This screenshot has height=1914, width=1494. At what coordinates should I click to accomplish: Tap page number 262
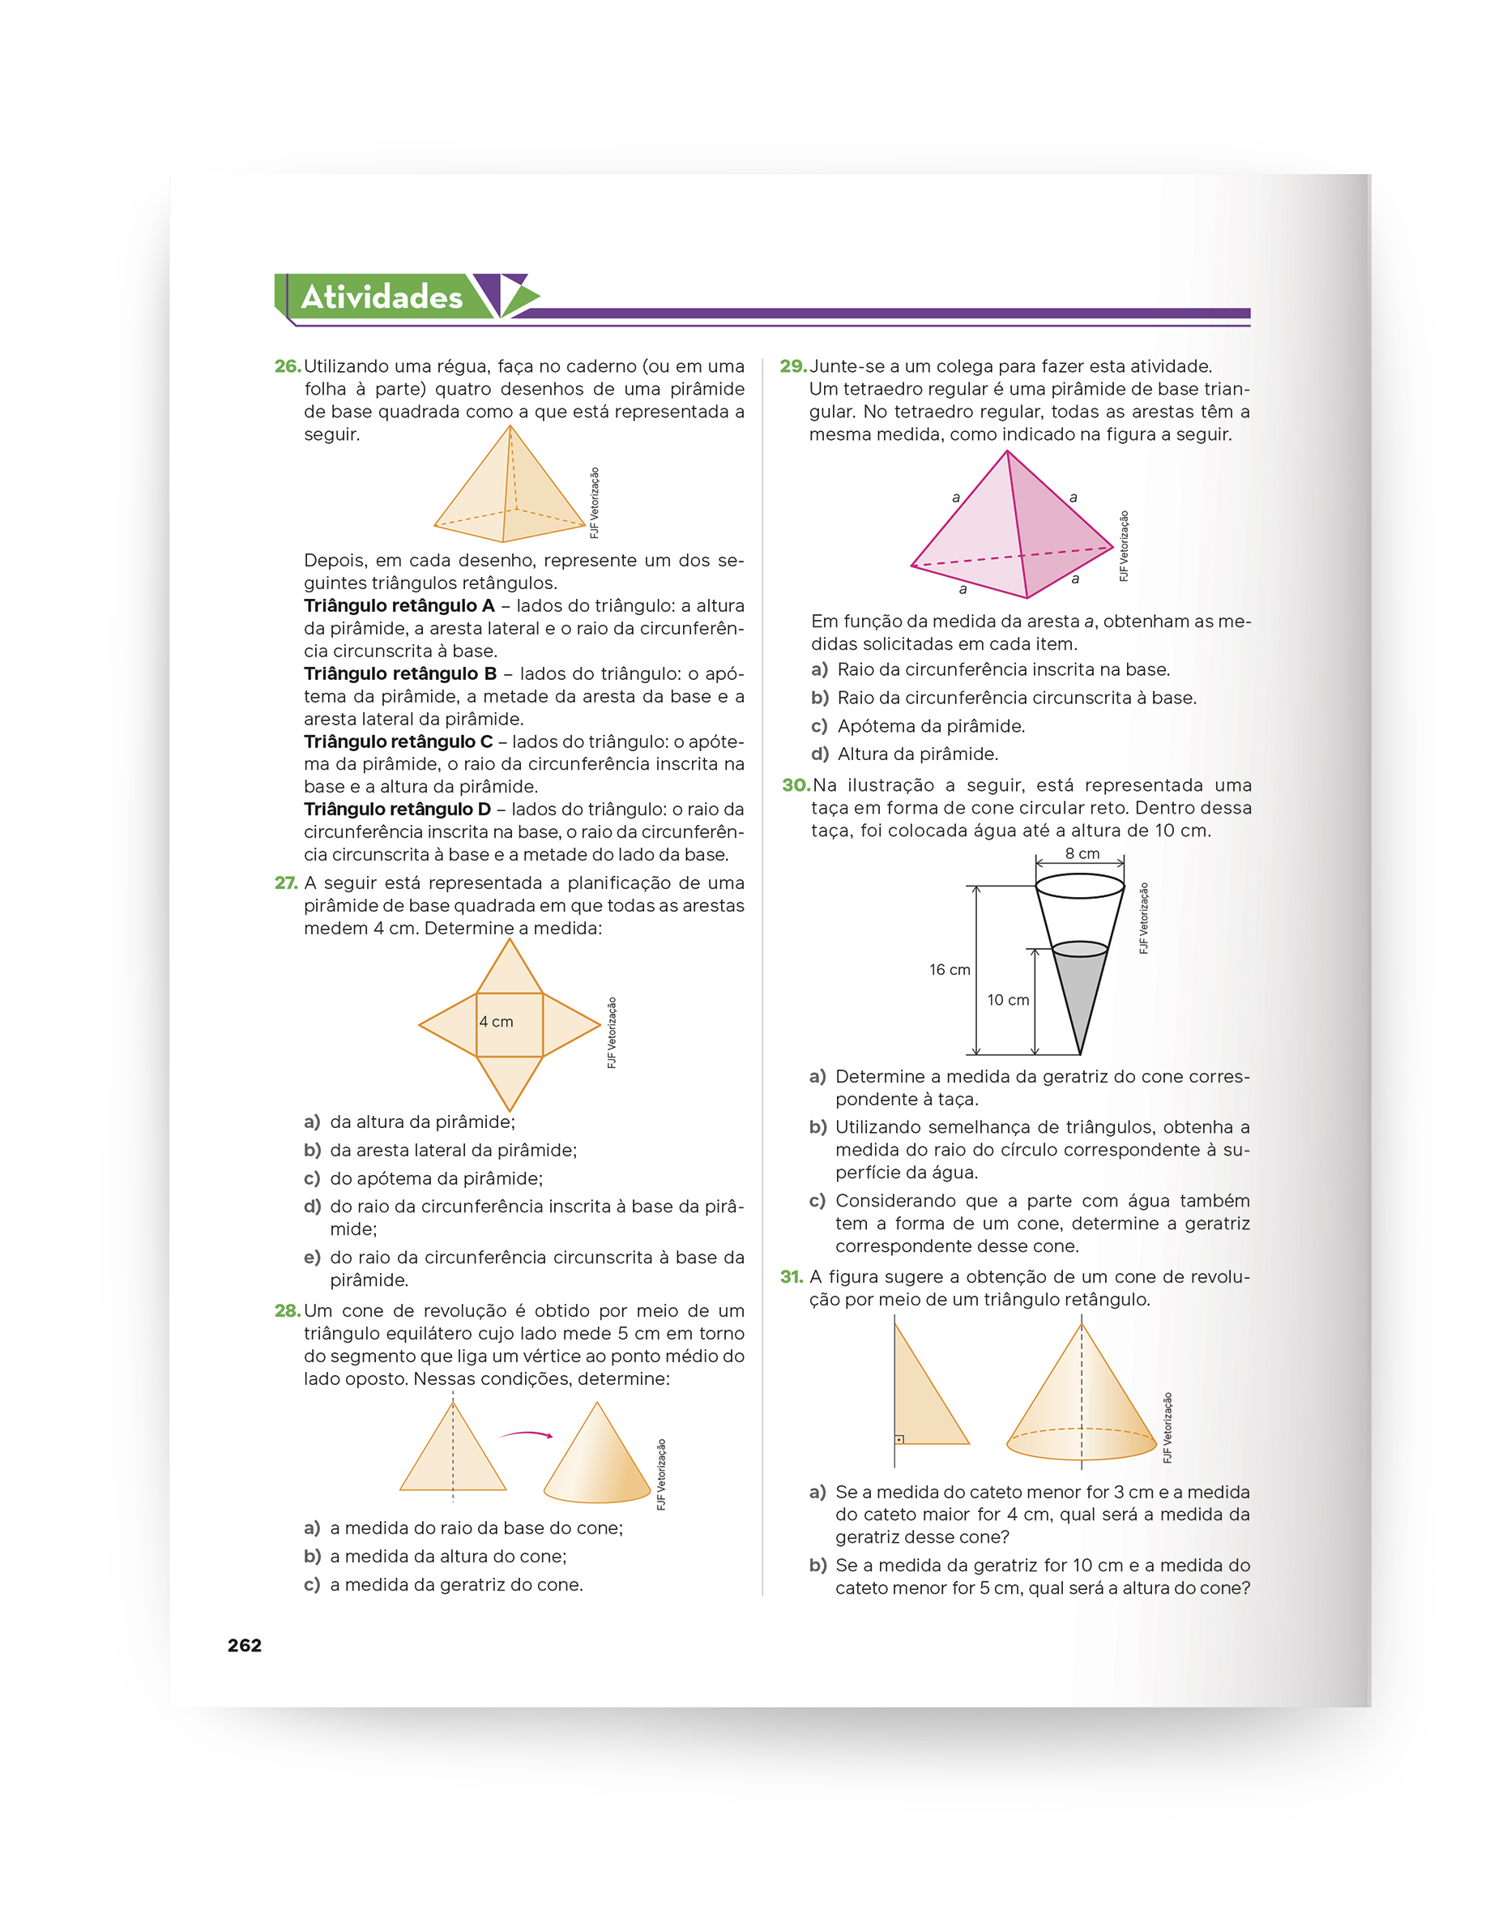(245, 1645)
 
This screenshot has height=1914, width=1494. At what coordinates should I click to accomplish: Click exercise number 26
(288, 366)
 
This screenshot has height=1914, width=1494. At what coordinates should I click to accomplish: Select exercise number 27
(286, 882)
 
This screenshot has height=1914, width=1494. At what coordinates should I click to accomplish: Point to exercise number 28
(288, 1310)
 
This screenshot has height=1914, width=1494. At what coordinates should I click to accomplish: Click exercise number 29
(792, 366)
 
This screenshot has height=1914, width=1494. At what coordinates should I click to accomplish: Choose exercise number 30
(796, 785)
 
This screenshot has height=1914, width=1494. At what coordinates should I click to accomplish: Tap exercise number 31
(792, 1277)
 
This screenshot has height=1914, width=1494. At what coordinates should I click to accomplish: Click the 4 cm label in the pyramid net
(496, 1022)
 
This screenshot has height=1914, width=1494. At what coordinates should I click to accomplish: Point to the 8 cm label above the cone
(1082, 853)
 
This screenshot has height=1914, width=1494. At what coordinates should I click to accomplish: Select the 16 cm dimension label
(950, 969)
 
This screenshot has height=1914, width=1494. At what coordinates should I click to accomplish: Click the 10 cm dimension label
(1008, 1000)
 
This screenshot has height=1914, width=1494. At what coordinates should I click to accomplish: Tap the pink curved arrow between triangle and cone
(526, 1433)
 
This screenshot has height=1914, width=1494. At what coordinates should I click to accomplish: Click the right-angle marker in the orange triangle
(899, 1439)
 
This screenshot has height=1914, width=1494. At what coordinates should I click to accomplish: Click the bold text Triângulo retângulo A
(399, 605)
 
